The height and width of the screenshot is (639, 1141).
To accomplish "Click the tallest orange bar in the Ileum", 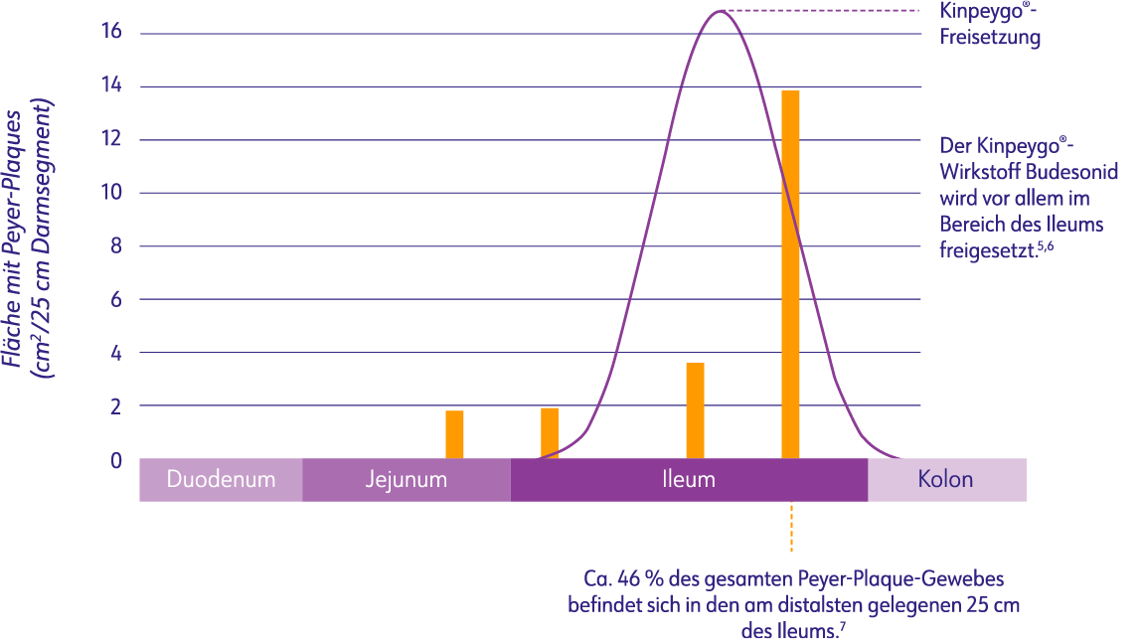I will coord(790,274).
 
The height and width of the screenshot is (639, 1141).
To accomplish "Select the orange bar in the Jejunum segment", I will coord(454,434).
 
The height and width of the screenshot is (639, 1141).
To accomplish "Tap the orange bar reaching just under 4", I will coord(695,410).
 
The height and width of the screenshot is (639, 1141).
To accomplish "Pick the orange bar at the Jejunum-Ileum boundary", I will coord(550,432).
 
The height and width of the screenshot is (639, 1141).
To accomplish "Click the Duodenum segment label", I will coord(221,480).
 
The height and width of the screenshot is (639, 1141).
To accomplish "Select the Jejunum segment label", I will coord(406,480).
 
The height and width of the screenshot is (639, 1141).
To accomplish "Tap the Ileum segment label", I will coord(689,480).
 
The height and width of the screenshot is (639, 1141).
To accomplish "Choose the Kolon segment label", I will coord(945,480).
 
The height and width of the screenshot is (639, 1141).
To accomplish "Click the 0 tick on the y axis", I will coord(115,460).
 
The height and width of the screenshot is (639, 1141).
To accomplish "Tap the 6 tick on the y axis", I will coord(115,300).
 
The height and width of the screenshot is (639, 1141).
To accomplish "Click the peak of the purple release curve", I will coord(720,11).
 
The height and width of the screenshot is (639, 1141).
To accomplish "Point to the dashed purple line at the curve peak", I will coord(825,11).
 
